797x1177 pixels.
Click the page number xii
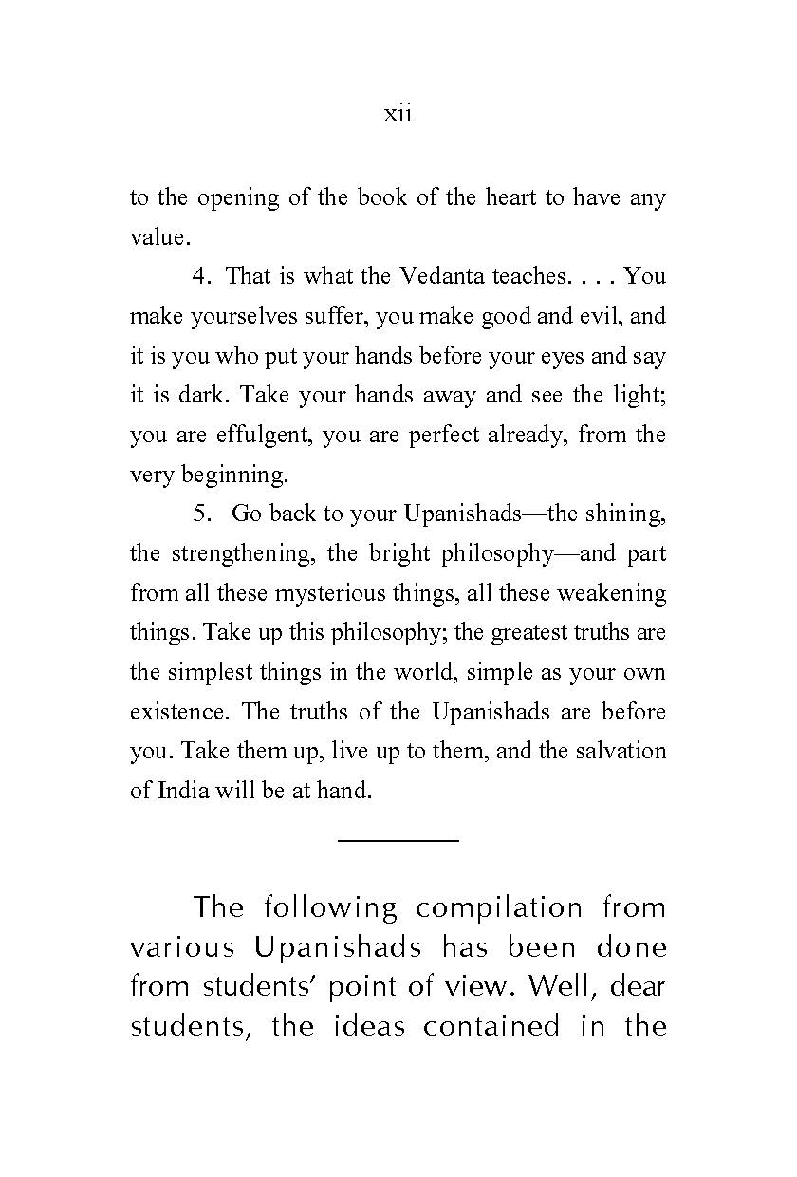(398, 115)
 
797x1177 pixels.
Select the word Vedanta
(438, 276)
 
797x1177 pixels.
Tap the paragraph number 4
(200, 276)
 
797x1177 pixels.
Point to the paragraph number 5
(200, 514)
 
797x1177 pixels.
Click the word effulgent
(261, 435)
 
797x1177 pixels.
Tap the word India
(177, 791)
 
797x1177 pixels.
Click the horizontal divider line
(398, 840)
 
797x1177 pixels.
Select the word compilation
(498, 907)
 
